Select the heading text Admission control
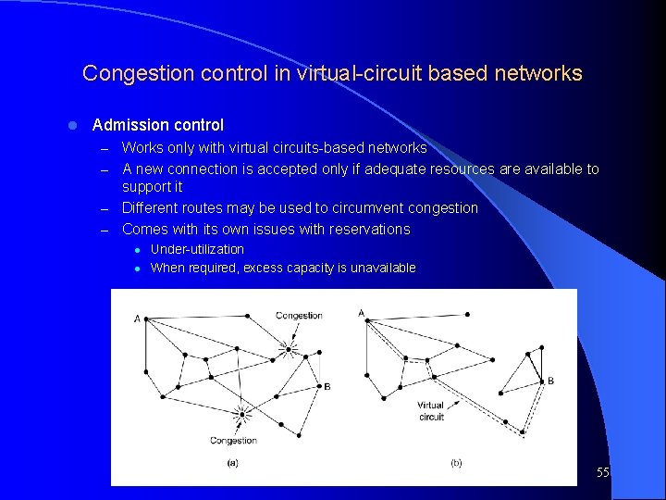pyautogui.click(x=158, y=125)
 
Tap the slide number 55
pyautogui.click(x=602, y=472)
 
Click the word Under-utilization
pyautogui.click(x=197, y=249)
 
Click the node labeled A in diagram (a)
pyautogui.click(x=145, y=319)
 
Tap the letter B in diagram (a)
pyautogui.click(x=327, y=386)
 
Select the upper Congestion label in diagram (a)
pyautogui.click(x=299, y=316)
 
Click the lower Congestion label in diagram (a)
pyautogui.click(x=233, y=441)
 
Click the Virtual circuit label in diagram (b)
pyautogui.click(x=431, y=411)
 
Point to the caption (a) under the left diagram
pyautogui.click(x=231, y=463)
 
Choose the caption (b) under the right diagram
pyautogui.click(x=456, y=463)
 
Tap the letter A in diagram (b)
pyautogui.click(x=361, y=313)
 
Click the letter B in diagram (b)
pyautogui.click(x=550, y=381)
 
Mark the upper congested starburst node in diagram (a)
pyautogui.click(x=290, y=349)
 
